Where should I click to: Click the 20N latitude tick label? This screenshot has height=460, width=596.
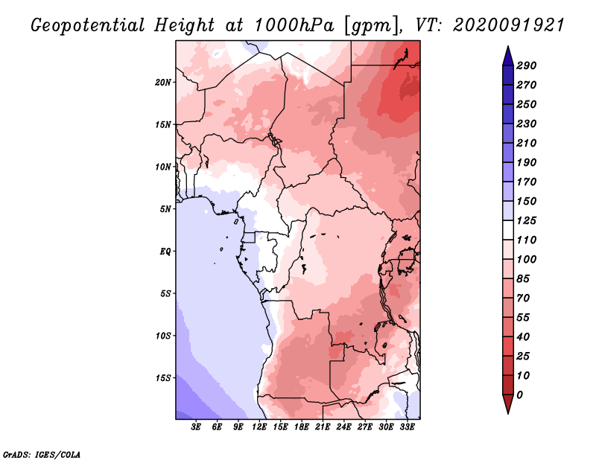(163, 83)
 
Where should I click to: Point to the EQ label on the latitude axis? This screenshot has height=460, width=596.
(165, 252)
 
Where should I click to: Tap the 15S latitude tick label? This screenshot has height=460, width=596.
(163, 378)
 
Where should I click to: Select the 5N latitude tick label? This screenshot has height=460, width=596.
(165, 209)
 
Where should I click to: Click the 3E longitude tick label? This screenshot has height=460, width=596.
(196, 427)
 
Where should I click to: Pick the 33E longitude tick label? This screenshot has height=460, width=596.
(407, 427)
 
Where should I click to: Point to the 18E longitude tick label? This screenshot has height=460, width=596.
(302, 427)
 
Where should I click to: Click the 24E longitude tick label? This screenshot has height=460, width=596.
(343, 427)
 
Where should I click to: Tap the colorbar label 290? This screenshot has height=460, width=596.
(527, 66)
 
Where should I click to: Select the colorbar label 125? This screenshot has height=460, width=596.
(527, 220)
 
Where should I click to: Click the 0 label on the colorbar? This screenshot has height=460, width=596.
(519, 395)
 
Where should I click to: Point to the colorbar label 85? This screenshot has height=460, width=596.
(523, 279)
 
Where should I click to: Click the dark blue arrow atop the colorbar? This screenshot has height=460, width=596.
(508, 56)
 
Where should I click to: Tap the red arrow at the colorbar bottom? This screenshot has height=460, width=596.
(508, 404)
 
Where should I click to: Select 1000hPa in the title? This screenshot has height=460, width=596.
(294, 25)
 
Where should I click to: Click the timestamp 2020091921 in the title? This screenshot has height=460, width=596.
(509, 25)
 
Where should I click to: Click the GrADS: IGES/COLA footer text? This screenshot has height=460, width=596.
(42, 455)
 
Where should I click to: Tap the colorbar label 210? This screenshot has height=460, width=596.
(527, 143)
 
